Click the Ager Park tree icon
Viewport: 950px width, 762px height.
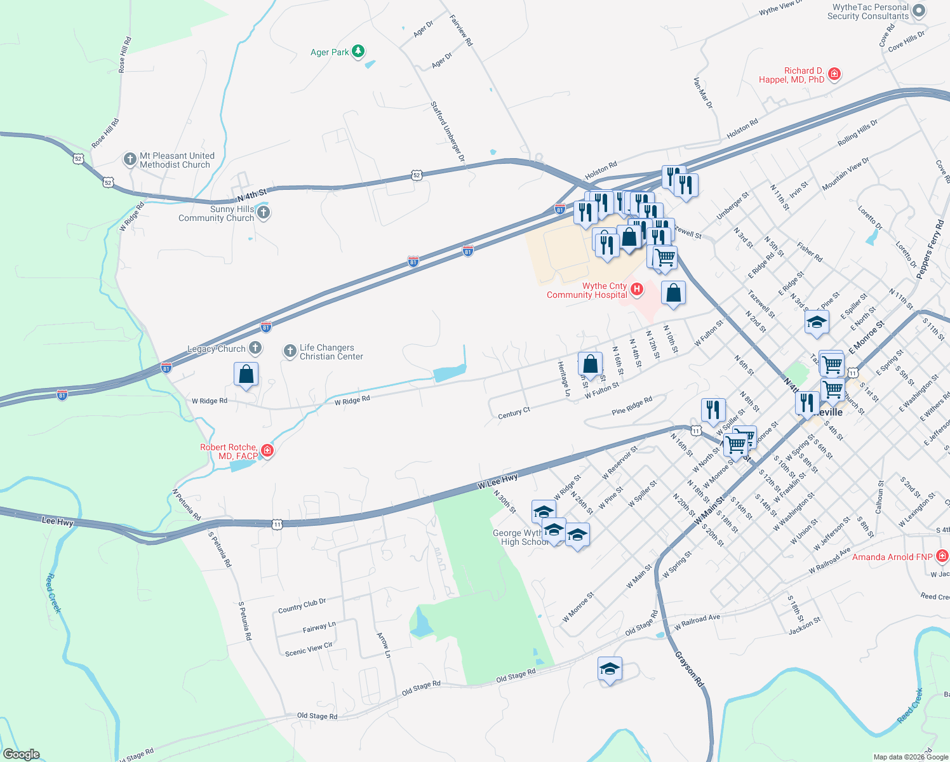click(x=358, y=51)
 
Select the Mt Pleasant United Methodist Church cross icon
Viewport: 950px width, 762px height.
click(x=130, y=159)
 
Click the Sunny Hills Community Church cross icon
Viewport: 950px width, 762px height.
click(x=264, y=213)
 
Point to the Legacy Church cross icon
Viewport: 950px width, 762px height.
click(x=255, y=347)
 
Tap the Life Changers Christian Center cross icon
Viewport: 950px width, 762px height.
click(x=290, y=351)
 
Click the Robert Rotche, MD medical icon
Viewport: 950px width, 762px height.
click(x=267, y=451)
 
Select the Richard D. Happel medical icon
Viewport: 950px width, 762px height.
click(x=834, y=74)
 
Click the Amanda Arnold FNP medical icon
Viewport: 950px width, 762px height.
click(x=942, y=557)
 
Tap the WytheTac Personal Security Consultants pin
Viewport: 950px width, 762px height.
click(x=919, y=11)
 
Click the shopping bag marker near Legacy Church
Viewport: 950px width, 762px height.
click(x=246, y=375)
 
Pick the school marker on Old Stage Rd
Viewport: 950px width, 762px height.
click(x=610, y=669)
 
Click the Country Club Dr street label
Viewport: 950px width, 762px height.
click(x=302, y=606)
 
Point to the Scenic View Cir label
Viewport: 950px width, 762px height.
click(x=309, y=649)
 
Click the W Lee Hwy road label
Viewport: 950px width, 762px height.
click(x=498, y=481)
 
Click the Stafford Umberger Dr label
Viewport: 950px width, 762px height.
click(x=448, y=131)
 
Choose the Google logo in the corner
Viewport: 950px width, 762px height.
click(x=21, y=754)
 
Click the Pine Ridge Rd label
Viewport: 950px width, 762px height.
click(x=632, y=406)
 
